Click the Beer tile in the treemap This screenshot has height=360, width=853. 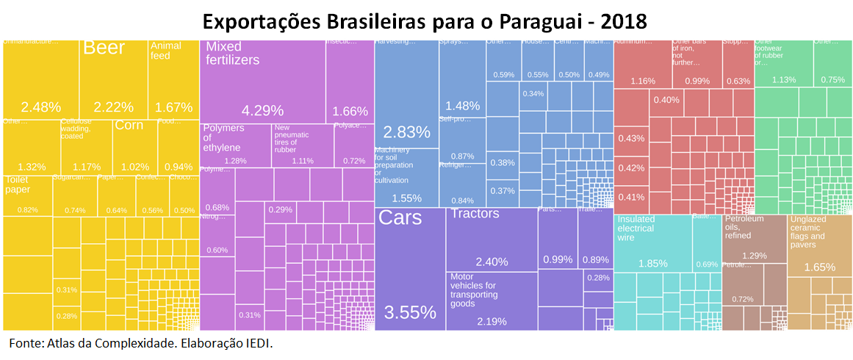point(114,77)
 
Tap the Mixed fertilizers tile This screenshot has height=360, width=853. point(262,81)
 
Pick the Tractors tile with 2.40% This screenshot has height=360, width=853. point(491,239)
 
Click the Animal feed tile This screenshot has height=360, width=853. point(173,77)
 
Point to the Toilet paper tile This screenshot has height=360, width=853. point(28,195)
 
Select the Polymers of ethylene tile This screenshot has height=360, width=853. point(236,145)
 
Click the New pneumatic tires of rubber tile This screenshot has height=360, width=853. point(302,145)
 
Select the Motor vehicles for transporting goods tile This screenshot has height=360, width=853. point(491,300)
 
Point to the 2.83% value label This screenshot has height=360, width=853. point(406,132)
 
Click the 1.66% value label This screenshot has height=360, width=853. point(350,112)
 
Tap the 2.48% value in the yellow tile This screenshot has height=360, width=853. point(41,107)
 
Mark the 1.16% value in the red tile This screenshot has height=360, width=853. point(642,80)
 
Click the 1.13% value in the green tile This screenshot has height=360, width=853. point(783,79)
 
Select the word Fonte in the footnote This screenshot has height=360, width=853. point(26,343)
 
